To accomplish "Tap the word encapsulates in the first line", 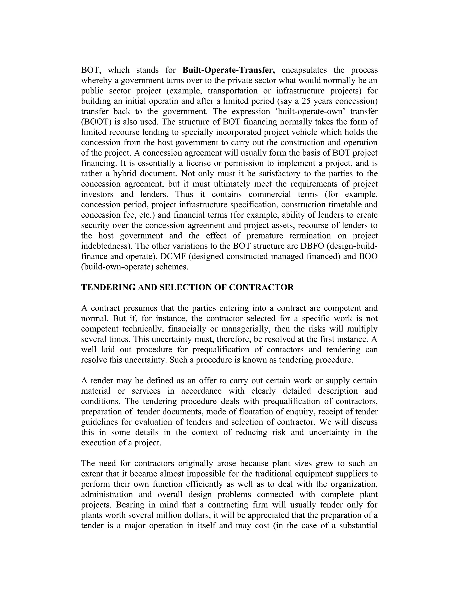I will [x=304, y=70].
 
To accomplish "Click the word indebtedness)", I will [x=107, y=246].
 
